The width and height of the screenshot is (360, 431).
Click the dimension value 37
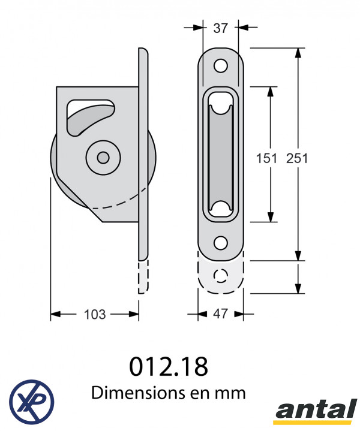tap(220, 28)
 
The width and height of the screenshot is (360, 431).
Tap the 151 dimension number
tap(266, 158)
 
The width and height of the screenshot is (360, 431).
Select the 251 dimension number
tap(297, 158)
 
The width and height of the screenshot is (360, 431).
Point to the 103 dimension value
tap(95, 315)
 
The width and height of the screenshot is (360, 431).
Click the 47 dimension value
tap(220, 314)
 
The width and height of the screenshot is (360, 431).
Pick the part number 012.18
tap(169, 367)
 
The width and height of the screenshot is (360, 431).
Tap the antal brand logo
tap(316, 411)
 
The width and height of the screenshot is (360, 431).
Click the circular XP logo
tap(31, 402)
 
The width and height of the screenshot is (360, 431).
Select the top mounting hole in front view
tap(221, 66)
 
